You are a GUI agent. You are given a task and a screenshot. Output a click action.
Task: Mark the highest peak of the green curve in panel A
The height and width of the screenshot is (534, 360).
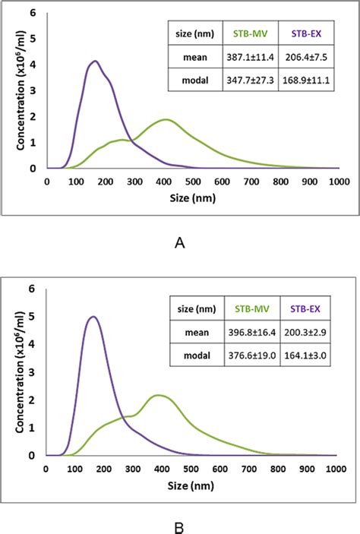(x=165, y=119)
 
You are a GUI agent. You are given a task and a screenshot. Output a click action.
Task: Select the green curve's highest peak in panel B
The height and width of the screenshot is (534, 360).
(x=157, y=395)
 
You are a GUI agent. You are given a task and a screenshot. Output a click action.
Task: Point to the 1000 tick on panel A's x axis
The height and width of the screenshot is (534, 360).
(x=339, y=182)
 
